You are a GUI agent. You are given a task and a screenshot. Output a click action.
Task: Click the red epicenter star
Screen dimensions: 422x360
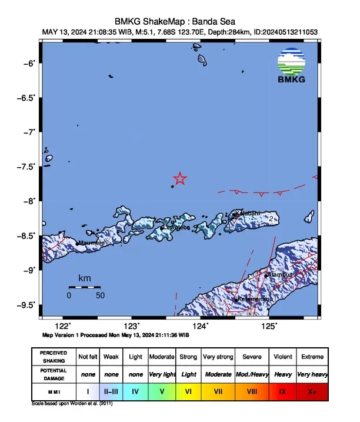pyautogui.click(x=180, y=179)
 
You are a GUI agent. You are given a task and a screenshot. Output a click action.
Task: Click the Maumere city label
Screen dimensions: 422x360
pyautogui.click(x=92, y=242)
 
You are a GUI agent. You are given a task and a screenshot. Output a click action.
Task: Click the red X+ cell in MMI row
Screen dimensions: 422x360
pyautogui.click(x=312, y=390)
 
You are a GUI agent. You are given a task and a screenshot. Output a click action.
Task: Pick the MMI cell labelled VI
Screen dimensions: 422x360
pyautogui.click(x=188, y=390)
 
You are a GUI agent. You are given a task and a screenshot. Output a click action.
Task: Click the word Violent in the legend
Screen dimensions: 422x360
pyautogui.click(x=282, y=357)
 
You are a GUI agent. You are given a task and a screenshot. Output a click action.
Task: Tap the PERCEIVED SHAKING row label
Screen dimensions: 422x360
pyautogui.click(x=54, y=357)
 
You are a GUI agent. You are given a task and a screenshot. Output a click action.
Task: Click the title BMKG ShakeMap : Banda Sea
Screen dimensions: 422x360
pyautogui.click(x=179, y=21)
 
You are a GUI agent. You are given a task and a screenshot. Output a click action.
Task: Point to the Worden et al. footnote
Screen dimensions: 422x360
pyautogui.click(x=72, y=404)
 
